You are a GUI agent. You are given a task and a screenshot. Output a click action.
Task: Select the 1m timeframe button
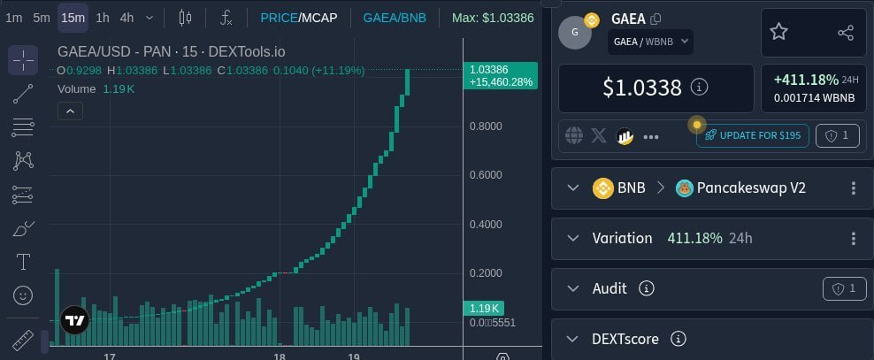pyautogui.click(x=14, y=18)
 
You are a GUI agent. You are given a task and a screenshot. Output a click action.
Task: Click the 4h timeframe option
pyautogui.click(x=127, y=18)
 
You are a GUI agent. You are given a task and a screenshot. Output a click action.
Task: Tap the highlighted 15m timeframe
pyautogui.click(x=73, y=18)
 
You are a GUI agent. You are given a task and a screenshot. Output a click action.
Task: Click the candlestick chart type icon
pyautogui.click(x=185, y=18)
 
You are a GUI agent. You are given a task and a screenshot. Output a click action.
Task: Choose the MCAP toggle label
pyautogui.click(x=319, y=18)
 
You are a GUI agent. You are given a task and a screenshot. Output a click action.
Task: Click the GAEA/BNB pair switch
pyautogui.click(x=395, y=18)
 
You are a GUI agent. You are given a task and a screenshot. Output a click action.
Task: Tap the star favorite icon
pyautogui.click(x=778, y=32)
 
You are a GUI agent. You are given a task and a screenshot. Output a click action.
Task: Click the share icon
pyautogui.click(x=846, y=33)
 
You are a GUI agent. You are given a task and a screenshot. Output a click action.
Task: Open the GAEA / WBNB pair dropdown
pyautogui.click(x=650, y=42)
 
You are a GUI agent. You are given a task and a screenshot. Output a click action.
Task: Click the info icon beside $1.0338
pyautogui.click(x=700, y=88)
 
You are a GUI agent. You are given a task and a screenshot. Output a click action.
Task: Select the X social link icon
pyautogui.click(x=599, y=135)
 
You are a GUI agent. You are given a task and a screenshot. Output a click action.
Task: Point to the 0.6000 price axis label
pyautogui.click(x=486, y=175)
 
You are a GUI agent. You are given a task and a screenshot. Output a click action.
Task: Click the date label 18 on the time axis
pyautogui.click(x=280, y=357)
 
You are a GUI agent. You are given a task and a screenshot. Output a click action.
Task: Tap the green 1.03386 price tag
pyautogui.click(x=501, y=76)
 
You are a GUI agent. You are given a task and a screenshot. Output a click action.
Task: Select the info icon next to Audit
pyautogui.click(x=646, y=288)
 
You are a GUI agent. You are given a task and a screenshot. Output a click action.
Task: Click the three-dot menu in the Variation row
pyautogui.click(x=853, y=239)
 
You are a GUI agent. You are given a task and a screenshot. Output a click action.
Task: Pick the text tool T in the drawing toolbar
pyautogui.click(x=23, y=261)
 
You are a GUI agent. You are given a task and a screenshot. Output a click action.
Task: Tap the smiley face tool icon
pyautogui.click(x=23, y=295)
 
